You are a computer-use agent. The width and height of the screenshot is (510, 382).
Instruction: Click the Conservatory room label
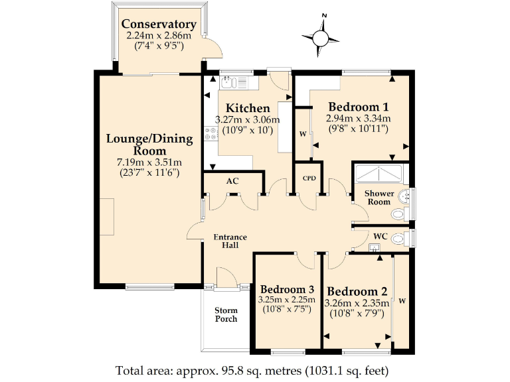(x=159, y=24)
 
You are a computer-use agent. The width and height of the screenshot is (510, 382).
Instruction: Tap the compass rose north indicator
(x=324, y=15)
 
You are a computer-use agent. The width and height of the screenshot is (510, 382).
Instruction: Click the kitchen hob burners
(x=211, y=133)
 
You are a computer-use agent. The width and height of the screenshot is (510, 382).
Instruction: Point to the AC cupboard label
(x=232, y=181)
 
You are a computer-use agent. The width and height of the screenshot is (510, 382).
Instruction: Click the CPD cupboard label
(x=309, y=178)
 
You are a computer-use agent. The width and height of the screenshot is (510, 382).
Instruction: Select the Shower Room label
(x=379, y=198)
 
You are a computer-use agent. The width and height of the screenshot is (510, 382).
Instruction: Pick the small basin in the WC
(x=375, y=248)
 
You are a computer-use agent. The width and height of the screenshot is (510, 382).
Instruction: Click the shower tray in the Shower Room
(x=379, y=174)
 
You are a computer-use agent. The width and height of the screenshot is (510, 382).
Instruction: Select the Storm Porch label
(x=226, y=314)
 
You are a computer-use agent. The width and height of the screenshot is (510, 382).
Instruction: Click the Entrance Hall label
(x=230, y=241)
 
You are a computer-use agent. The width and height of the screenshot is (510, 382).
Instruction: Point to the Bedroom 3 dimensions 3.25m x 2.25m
(x=287, y=299)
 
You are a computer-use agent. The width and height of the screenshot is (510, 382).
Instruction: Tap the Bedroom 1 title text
(x=359, y=107)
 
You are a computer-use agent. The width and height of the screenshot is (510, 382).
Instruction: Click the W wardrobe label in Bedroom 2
(x=402, y=301)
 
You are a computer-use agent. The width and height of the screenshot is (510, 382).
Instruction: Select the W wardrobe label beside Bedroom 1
(x=303, y=134)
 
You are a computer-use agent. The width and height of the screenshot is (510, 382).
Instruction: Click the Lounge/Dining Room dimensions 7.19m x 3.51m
(x=149, y=162)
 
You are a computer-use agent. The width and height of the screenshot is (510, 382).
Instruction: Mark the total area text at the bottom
(x=252, y=370)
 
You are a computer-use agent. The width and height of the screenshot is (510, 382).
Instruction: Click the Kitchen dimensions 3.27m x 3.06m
(x=247, y=119)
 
